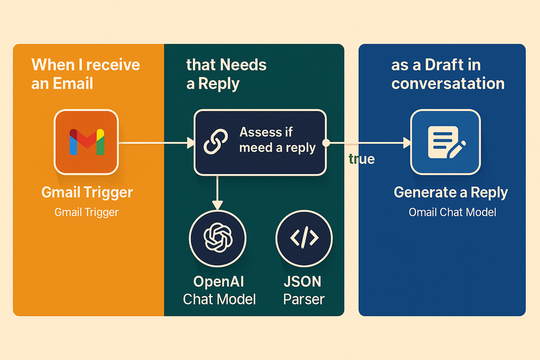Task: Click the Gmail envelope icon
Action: tap(86, 142)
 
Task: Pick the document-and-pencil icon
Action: tap(445, 142)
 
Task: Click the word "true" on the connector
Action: tap(362, 159)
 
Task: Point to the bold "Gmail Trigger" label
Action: tap(87, 192)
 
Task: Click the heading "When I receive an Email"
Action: tap(85, 74)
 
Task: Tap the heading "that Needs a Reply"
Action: tap(226, 74)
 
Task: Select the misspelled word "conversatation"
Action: tap(448, 83)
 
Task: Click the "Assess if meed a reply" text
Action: tap(277, 140)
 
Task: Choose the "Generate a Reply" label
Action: tap(450, 192)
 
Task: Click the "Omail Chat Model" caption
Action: tap(452, 212)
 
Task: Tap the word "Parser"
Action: tap(304, 299)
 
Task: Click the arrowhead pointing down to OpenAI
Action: tap(217, 205)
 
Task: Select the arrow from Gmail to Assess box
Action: tap(156, 143)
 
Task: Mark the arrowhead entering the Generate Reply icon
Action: tap(406, 143)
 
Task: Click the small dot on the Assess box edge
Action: tap(326, 143)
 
